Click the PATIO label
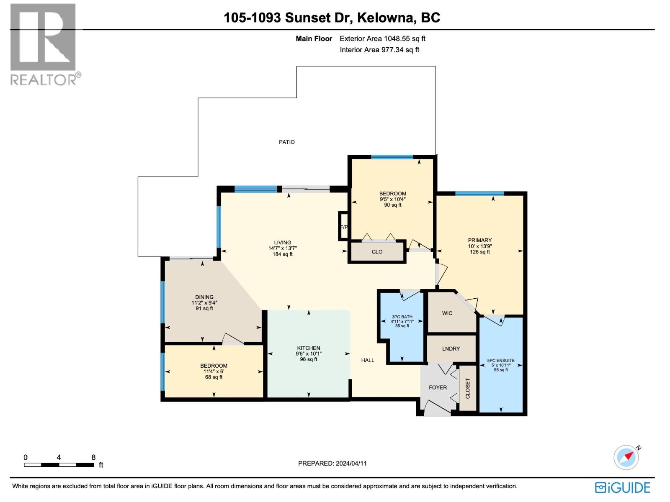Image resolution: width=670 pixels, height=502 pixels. pos(287,142)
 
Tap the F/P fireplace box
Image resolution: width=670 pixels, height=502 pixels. pos(343,227)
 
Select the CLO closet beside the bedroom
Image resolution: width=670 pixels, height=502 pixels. pos(377,252)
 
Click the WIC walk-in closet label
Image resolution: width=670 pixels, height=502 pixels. pos(447,313)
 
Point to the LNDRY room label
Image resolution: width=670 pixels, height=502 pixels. pos(451,348)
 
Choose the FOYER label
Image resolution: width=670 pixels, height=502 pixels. pos(438,387)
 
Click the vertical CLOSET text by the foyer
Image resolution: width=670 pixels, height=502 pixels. pos(468,388)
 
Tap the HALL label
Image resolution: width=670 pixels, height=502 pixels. pos(368,360)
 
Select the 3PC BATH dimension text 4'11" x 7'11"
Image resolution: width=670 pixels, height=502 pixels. pos(402,322)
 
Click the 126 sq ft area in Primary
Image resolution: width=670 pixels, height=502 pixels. pos(480,252)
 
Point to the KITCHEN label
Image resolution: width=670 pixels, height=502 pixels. pos(309,348)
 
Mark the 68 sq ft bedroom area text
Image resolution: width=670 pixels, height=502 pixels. pos(214,377)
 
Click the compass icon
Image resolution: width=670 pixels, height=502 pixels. pos(626,457)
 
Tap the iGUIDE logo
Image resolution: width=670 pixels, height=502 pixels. pos(623,488)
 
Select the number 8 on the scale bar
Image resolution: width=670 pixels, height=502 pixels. pos(93,458)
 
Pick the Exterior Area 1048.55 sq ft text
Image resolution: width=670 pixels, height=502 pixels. pos(382,38)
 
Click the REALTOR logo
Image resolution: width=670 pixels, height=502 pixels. pos(44,44)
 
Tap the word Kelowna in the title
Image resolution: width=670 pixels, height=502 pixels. pos(384,18)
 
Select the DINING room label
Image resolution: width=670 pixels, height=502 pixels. pos(204,297)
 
